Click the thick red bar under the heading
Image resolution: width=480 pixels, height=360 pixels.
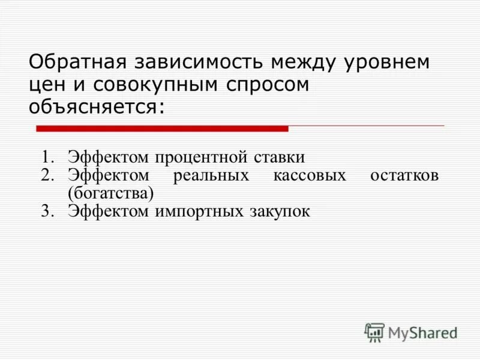pyautogui.click(x=162, y=128)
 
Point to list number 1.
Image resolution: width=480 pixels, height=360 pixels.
pyautogui.click(x=48, y=157)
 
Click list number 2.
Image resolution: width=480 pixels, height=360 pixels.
pyautogui.click(x=48, y=176)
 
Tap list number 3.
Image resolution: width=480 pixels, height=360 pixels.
pyautogui.click(x=48, y=211)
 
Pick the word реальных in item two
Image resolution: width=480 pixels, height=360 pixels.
pyautogui.click(x=211, y=176)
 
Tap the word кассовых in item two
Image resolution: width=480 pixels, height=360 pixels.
pyautogui.click(x=310, y=176)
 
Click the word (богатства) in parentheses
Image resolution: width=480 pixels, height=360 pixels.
pyautogui.click(x=110, y=193)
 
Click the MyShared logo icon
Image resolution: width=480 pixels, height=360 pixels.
pyautogui.click(x=374, y=332)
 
